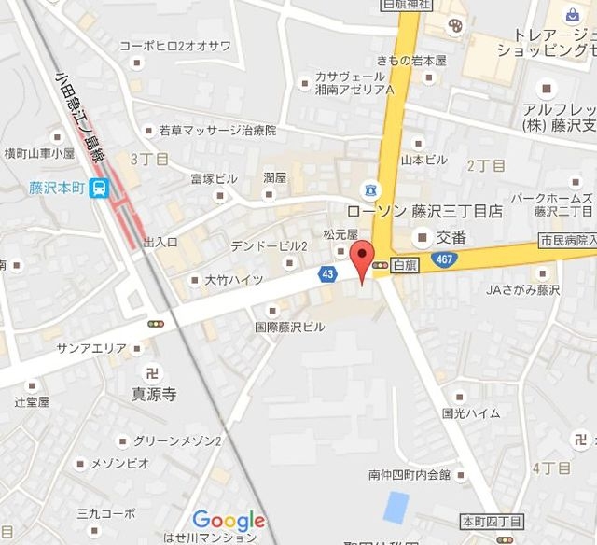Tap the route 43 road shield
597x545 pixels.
tap(327, 274)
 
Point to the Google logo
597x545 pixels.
tap(229, 521)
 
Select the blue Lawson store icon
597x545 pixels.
tap(372, 190)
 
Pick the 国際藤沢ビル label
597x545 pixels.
tap(290, 327)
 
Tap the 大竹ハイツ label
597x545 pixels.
tap(233, 279)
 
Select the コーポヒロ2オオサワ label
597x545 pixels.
tap(187, 45)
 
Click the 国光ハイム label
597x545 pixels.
tap(471, 412)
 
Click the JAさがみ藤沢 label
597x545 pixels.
tap(526, 289)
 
